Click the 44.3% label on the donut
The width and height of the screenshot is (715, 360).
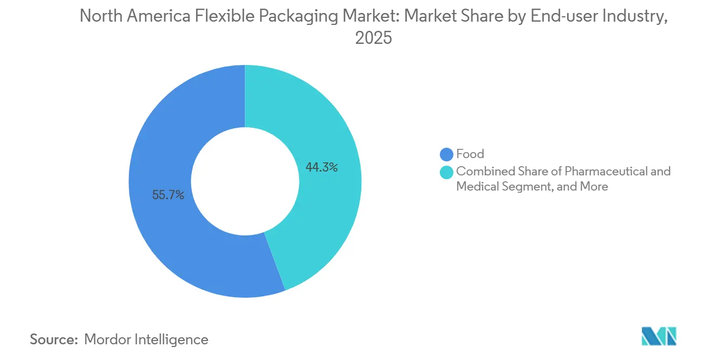(x=322, y=168)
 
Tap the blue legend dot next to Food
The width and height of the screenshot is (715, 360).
(x=447, y=154)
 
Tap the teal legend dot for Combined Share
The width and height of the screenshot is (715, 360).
(x=447, y=172)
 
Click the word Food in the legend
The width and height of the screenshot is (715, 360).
(x=470, y=154)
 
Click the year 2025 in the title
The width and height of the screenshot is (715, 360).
(x=373, y=38)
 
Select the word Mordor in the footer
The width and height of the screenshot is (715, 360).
(x=108, y=339)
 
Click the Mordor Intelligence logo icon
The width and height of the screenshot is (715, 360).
(x=659, y=337)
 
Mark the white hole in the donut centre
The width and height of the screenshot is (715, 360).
(x=245, y=181)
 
